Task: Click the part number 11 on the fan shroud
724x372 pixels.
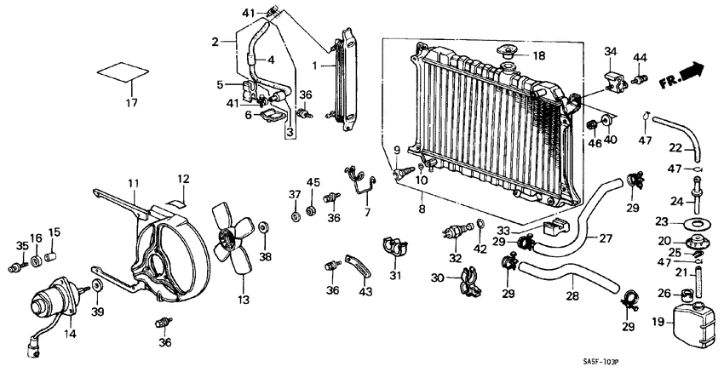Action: coord(134,183)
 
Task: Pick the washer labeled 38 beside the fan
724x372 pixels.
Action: coord(264,229)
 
